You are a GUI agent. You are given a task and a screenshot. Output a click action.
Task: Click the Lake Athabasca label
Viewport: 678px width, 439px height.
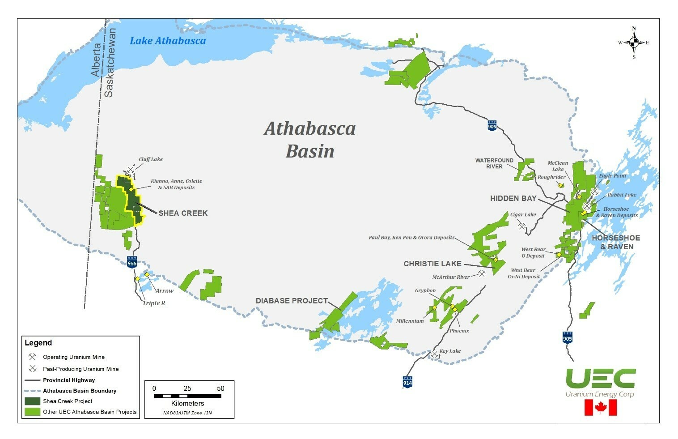tap(168, 41)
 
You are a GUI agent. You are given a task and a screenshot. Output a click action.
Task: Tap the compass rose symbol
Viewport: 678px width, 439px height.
tap(634, 43)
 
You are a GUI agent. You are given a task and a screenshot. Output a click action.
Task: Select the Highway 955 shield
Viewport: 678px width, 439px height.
tap(131, 262)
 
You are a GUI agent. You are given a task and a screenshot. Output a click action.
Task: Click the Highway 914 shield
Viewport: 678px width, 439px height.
tap(407, 382)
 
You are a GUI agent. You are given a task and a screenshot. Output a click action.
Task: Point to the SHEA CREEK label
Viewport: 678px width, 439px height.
tap(183, 213)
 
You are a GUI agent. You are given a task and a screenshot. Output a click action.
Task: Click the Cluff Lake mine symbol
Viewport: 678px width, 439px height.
tap(131, 170)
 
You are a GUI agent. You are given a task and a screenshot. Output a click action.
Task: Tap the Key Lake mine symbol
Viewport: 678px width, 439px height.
tap(434, 354)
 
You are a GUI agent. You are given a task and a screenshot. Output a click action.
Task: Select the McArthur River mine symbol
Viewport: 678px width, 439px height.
tap(482, 273)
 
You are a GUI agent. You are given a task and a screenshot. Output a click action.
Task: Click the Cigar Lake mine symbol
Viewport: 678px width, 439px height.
tap(521, 226)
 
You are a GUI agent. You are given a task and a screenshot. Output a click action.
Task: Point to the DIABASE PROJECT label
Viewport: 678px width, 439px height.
tap(292, 301)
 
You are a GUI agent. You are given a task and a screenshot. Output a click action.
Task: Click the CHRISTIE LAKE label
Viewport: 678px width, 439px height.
tap(432, 264)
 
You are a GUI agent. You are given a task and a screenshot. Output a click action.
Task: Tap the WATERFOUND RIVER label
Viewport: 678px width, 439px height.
tap(494, 163)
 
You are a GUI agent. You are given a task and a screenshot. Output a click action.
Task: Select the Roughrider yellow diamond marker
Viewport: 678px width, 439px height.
tap(561, 185)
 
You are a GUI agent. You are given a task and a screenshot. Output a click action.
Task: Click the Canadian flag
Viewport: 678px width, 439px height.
tap(600, 408)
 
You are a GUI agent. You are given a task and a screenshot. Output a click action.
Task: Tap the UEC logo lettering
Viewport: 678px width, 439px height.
tap(600, 379)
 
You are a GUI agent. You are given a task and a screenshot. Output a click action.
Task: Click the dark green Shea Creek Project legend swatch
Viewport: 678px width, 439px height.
tap(33, 401)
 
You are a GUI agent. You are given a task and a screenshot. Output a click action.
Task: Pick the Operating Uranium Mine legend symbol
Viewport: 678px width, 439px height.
tap(33, 357)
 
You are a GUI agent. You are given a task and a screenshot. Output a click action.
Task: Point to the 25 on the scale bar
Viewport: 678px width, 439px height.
tap(187, 388)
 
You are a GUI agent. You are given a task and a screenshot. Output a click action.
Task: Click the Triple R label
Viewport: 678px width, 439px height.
tap(153, 303)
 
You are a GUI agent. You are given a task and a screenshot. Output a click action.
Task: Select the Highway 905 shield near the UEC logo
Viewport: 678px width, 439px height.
tap(567, 337)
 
